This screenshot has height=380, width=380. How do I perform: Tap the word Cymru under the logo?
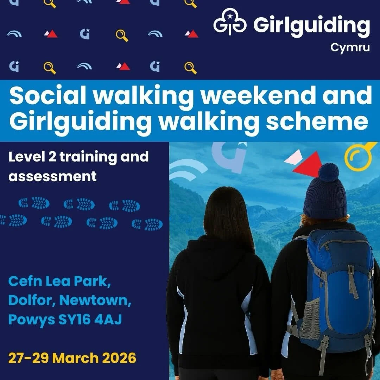click(350, 47)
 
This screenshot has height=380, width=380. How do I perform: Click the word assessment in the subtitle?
click(52, 176)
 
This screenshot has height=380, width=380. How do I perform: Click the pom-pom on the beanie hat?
click(328, 172)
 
